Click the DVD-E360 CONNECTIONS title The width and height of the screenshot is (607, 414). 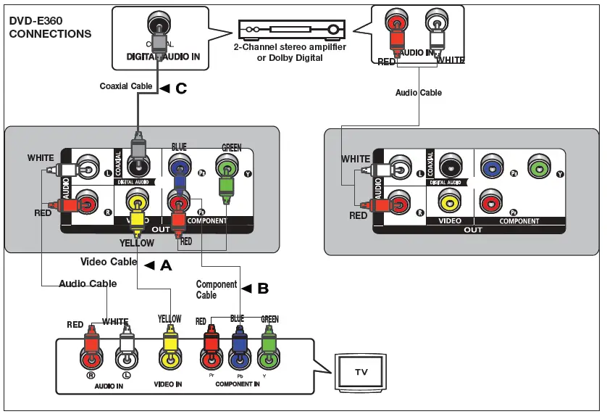[x=50, y=28]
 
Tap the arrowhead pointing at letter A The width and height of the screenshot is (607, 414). [x=150, y=265]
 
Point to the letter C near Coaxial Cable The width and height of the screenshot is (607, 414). [x=180, y=88]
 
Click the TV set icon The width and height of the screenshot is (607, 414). [x=360, y=372]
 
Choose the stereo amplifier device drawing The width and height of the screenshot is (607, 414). [x=290, y=30]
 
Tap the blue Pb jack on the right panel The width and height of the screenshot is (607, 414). [x=492, y=167]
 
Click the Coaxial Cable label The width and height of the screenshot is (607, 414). [x=126, y=86]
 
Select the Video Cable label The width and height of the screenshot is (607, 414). [x=109, y=262]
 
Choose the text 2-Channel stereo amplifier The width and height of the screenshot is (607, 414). [x=290, y=47]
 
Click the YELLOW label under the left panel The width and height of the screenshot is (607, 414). [x=136, y=244]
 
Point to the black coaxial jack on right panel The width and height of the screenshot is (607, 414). [x=451, y=167]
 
